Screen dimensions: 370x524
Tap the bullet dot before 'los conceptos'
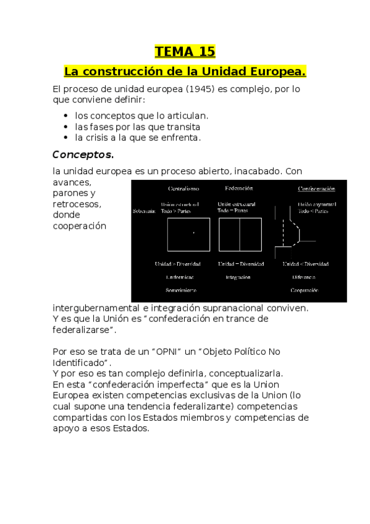click(66, 116)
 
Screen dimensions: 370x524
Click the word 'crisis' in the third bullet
click(101, 137)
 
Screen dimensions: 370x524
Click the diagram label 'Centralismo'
click(183, 188)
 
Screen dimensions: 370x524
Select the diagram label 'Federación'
click(239, 188)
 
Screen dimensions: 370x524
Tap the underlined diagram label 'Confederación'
click(316, 188)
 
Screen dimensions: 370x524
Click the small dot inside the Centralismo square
click(193, 233)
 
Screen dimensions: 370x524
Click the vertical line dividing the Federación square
click(239, 234)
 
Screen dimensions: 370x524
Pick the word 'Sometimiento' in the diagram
click(181, 290)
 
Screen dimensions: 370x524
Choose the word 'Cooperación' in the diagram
click(304, 290)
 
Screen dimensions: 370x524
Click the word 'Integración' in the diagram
click(238, 277)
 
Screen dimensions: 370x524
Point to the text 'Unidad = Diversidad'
click(241, 264)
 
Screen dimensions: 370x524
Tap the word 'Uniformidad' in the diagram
click(181, 277)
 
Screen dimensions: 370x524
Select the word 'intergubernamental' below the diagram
click(96, 308)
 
